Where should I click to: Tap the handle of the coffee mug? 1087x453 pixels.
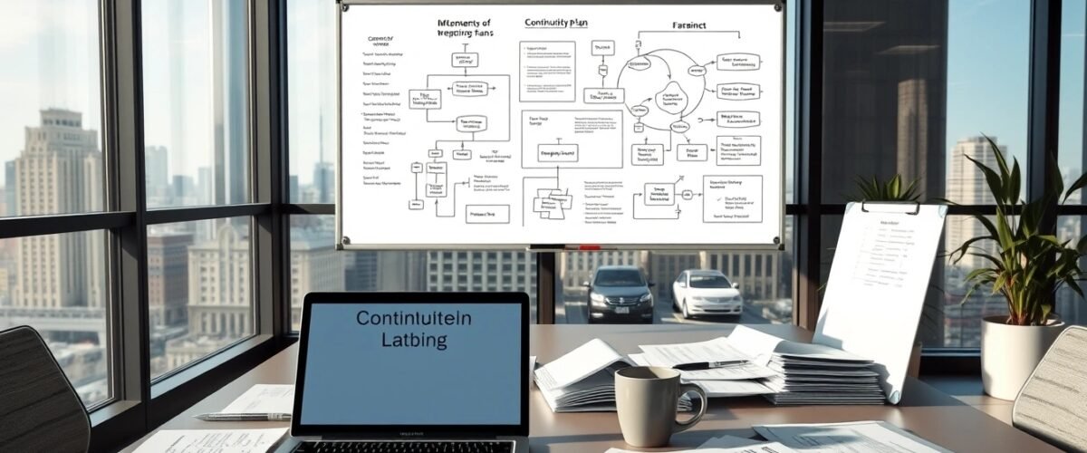(x=695, y=400)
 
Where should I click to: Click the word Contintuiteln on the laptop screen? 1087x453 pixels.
(x=413, y=319)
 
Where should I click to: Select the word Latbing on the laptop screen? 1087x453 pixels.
(x=413, y=342)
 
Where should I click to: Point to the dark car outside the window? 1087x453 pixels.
(x=620, y=292)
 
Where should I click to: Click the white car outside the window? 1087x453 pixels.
(x=707, y=293)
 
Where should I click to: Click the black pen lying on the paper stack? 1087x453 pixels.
(x=710, y=364)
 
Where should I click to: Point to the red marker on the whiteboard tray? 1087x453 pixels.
(x=590, y=246)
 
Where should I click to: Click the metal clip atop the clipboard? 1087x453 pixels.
(x=890, y=207)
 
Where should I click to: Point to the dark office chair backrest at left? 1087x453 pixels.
(x=41, y=390)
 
